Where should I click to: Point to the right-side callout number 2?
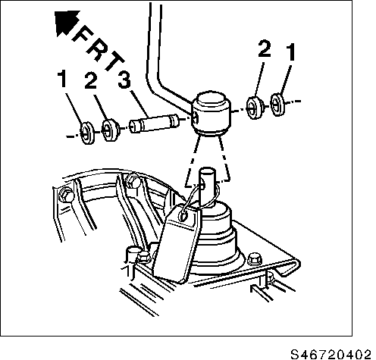[263, 51]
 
